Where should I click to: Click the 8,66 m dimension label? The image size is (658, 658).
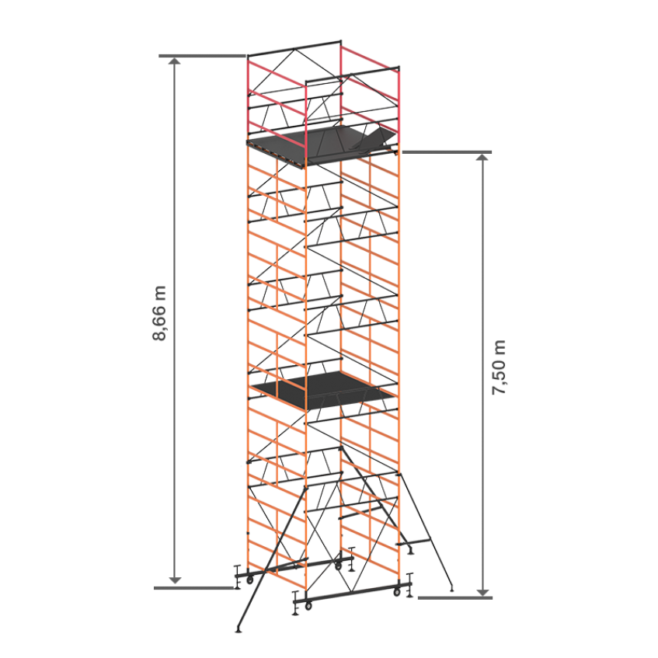pyautogui.click(x=159, y=314)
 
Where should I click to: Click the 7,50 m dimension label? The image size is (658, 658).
pyautogui.click(x=499, y=367)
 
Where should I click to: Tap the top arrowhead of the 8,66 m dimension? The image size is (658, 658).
pyautogui.click(x=175, y=61)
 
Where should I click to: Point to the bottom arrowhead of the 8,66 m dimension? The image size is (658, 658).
pyautogui.click(x=175, y=580)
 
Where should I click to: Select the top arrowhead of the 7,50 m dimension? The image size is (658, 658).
pyautogui.click(x=483, y=158)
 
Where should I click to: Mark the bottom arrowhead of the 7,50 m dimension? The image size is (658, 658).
pyautogui.click(x=483, y=592)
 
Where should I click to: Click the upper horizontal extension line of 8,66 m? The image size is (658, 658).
pyautogui.click(x=202, y=56)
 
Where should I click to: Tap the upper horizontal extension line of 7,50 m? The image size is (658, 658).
pyautogui.click(x=447, y=152)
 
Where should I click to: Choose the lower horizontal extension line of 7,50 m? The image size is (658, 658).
pyautogui.click(x=455, y=597)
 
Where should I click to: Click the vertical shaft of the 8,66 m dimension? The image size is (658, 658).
pyautogui.click(x=175, y=321)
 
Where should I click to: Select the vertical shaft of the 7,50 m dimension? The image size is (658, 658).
pyautogui.click(x=483, y=374)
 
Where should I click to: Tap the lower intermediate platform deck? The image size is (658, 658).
pyautogui.click(x=323, y=390)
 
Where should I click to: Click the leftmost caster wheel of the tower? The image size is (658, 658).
pyautogui.click(x=249, y=580)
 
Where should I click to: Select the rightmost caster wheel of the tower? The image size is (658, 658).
pyautogui.click(x=396, y=592)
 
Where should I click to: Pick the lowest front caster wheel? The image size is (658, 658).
pyautogui.click(x=308, y=606)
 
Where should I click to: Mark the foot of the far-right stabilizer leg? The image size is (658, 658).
pyautogui.click(x=451, y=588)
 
